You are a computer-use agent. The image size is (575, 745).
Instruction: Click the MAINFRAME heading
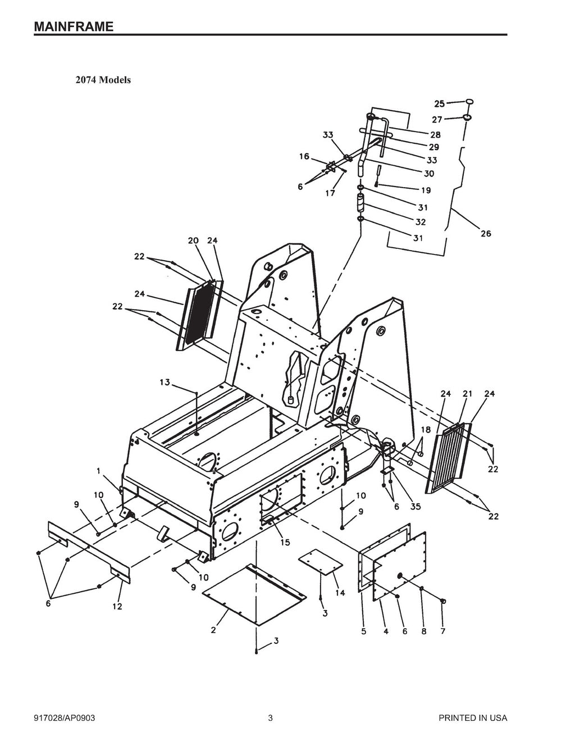coord(74,26)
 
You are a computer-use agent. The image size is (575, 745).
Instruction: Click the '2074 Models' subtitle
coord(103,80)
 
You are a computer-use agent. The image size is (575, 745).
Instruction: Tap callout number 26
coord(485,233)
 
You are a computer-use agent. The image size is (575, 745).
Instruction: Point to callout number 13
coord(165,383)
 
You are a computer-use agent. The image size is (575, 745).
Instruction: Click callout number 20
coord(193,240)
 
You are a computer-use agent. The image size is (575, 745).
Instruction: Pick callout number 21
coord(466,394)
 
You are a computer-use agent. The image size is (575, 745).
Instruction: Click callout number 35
coord(416,506)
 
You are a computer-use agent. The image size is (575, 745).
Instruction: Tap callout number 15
coord(285,542)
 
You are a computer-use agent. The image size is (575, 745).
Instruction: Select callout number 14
coord(340,593)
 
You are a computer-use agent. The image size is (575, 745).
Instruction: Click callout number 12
coord(117,606)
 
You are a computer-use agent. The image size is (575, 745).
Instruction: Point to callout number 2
coord(213,630)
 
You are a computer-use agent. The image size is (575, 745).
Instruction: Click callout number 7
coord(442,632)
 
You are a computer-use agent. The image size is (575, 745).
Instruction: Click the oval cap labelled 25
coord(469,102)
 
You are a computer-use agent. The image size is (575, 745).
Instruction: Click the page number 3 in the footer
coord(270,718)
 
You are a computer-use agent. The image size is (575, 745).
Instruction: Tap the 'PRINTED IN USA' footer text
coord(473,718)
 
